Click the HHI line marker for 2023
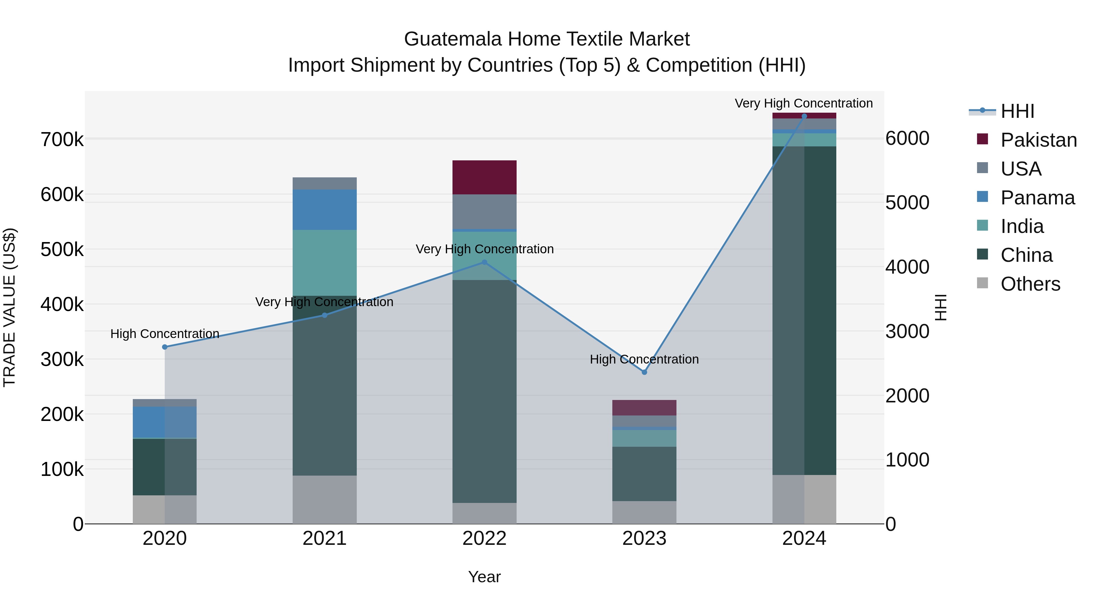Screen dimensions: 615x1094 644,372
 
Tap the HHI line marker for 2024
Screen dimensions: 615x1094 804,116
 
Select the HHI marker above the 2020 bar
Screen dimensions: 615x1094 165,347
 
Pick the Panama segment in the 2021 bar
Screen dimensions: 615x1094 325,210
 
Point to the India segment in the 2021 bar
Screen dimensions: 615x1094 325,263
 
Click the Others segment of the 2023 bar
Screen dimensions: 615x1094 644,512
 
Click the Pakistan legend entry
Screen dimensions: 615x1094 1038,140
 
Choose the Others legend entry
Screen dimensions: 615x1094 1030,284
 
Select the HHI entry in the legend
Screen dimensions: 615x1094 1017,111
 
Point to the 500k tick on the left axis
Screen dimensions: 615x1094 62,250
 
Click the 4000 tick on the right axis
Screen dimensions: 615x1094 907,267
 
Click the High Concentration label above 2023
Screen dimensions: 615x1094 644,360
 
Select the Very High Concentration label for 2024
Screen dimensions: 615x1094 803,103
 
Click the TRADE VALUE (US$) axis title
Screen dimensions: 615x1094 9,307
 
